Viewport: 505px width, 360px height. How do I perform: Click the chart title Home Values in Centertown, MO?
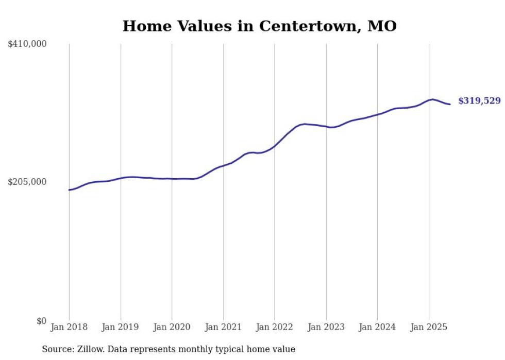tap(259, 26)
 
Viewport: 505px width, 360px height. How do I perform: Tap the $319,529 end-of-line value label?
tap(479, 101)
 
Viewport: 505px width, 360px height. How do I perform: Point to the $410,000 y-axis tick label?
tap(27, 44)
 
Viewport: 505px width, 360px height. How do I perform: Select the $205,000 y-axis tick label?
tap(27, 182)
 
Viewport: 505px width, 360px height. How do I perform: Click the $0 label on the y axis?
tap(41, 321)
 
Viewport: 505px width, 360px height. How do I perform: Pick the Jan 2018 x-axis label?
tap(69, 327)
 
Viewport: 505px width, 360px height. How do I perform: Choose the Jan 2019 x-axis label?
tap(121, 327)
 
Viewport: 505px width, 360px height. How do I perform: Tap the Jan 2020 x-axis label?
tap(172, 327)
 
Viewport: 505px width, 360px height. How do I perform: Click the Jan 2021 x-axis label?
tap(223, 327)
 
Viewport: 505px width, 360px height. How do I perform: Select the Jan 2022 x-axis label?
tap(275, 327)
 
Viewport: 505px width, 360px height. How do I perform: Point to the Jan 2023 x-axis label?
tap(326, 327)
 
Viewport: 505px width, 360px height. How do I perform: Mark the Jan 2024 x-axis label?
tap(377, 327)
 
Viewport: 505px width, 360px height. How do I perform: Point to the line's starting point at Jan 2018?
tap(69, 190)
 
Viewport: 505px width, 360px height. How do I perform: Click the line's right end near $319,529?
tap(450, 105)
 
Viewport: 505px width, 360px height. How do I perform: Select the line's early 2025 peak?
tap(432, 99)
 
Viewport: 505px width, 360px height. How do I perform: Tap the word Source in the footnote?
tap(56, 349)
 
